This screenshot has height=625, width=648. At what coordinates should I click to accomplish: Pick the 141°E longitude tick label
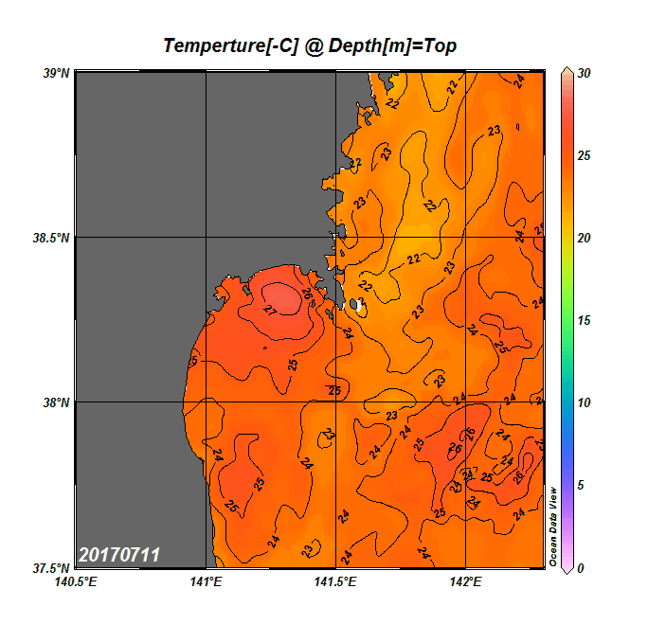pos(206,581)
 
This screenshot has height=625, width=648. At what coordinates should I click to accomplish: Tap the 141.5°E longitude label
pos(335,581)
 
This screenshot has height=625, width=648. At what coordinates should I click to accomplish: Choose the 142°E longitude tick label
pos(465,581)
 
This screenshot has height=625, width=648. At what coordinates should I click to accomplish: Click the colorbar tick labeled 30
pos(585,73)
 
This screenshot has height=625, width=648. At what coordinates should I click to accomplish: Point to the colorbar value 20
pos(585,238)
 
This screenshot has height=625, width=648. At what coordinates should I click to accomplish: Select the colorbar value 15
pos(585,320)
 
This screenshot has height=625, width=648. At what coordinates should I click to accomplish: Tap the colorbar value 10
pos(585,402)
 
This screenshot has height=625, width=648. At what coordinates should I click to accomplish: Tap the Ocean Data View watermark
pos(554,527)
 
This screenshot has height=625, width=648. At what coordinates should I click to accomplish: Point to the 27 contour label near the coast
pos(270,310)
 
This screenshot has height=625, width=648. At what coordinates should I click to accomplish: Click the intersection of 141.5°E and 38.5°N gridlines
pos(335,238)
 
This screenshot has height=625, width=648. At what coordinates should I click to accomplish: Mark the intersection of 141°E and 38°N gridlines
pos(206,402)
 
